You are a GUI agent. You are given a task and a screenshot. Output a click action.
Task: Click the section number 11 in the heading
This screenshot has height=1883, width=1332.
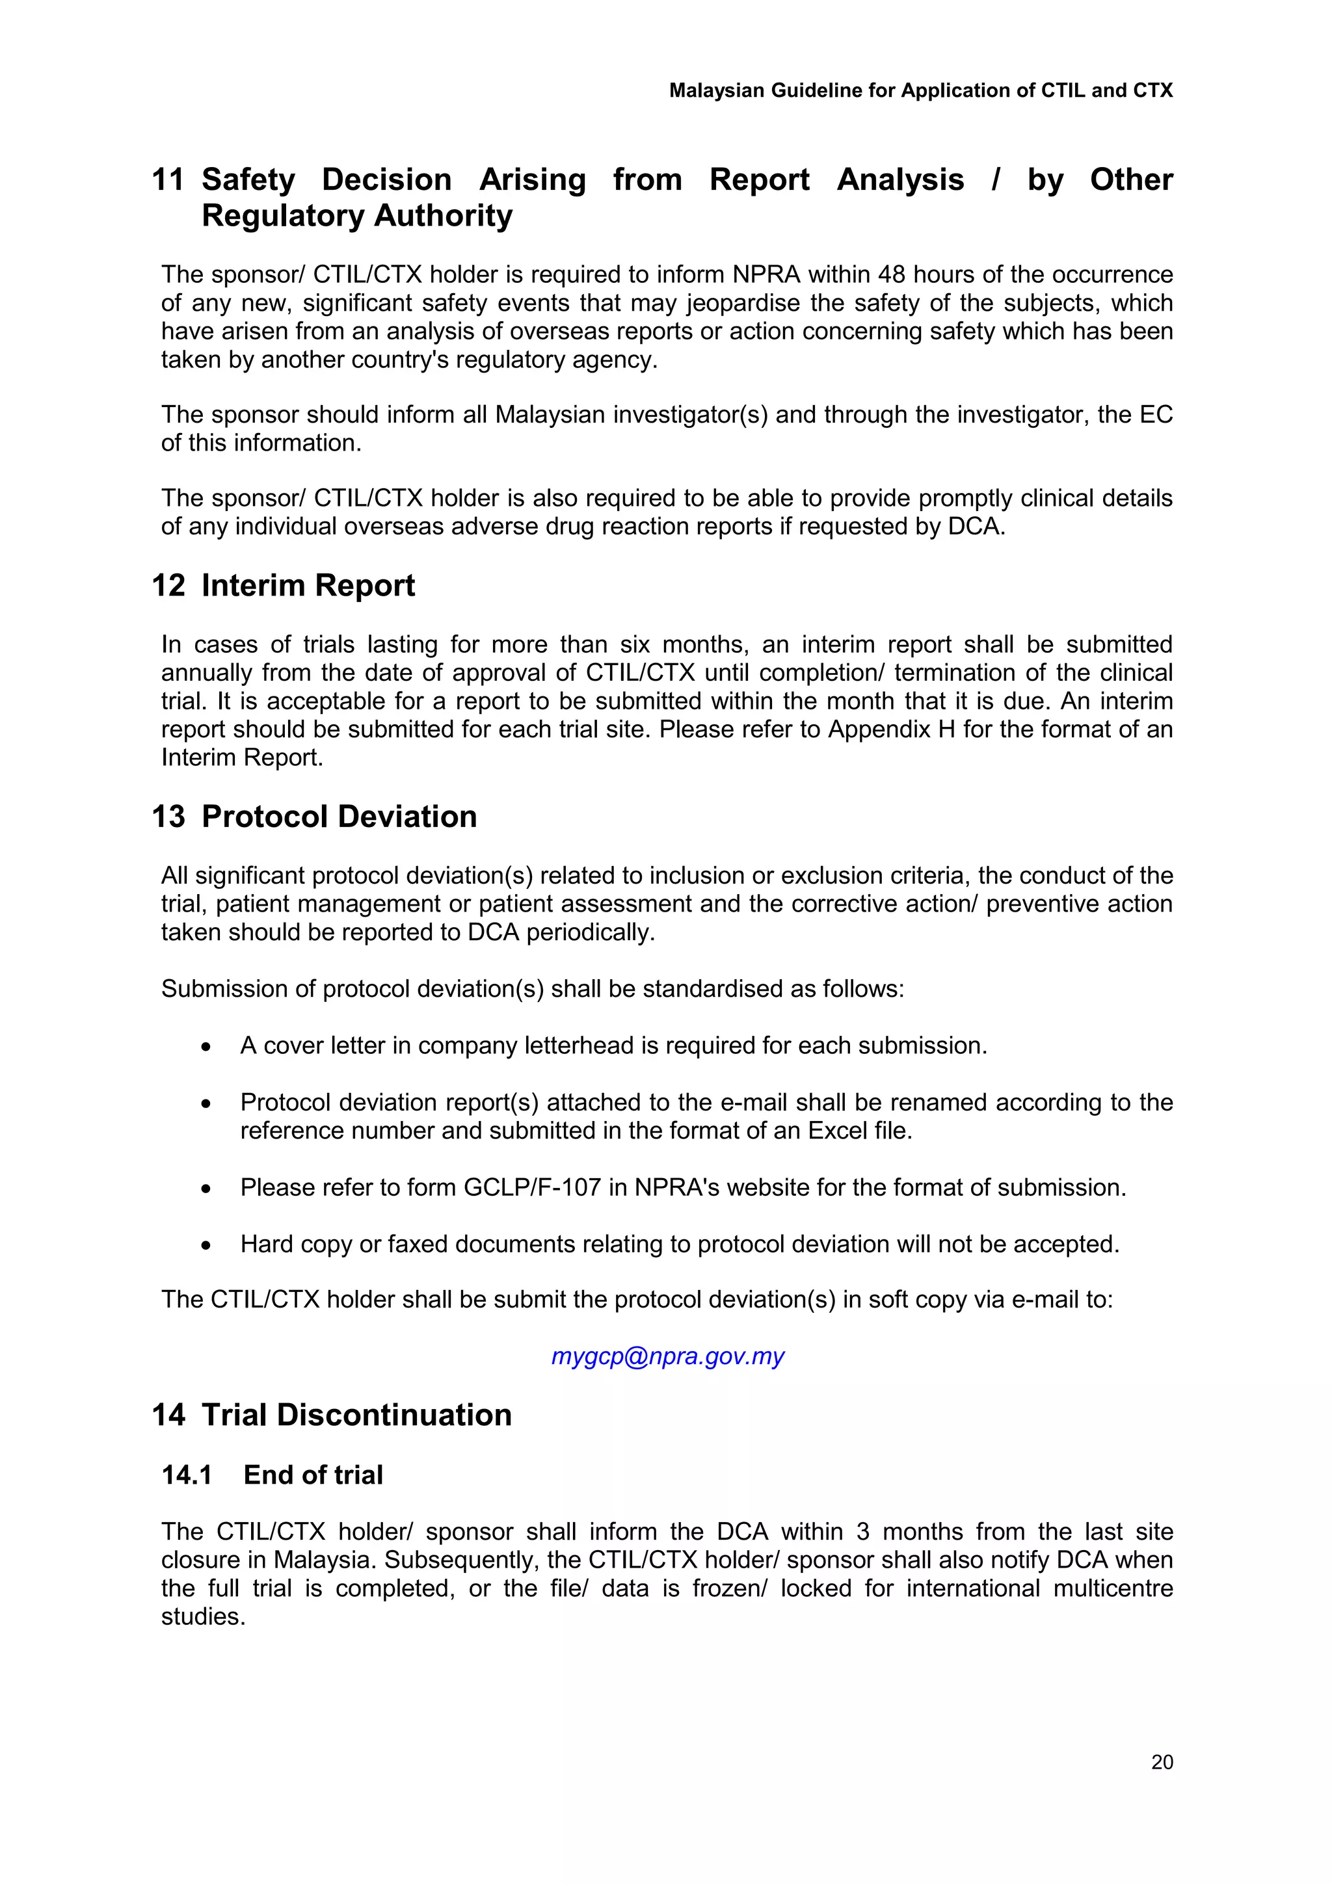pyautogui.click(x=168, y=179)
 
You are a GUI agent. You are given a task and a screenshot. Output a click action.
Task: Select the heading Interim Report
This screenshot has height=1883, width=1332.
pyautogui.click(x=308, y=586)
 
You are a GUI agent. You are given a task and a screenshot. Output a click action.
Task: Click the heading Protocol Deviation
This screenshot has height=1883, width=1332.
pyautogui.click(x=339, y=817)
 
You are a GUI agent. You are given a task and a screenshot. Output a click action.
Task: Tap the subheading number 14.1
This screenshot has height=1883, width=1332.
pyautogui.click(x=187, y=1475)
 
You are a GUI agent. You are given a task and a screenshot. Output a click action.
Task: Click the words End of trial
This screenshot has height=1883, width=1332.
pyautogui.click(x=313, y=1475)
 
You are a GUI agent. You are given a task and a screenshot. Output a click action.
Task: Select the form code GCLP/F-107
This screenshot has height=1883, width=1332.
pyautogui.click(x=532, y=1187)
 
